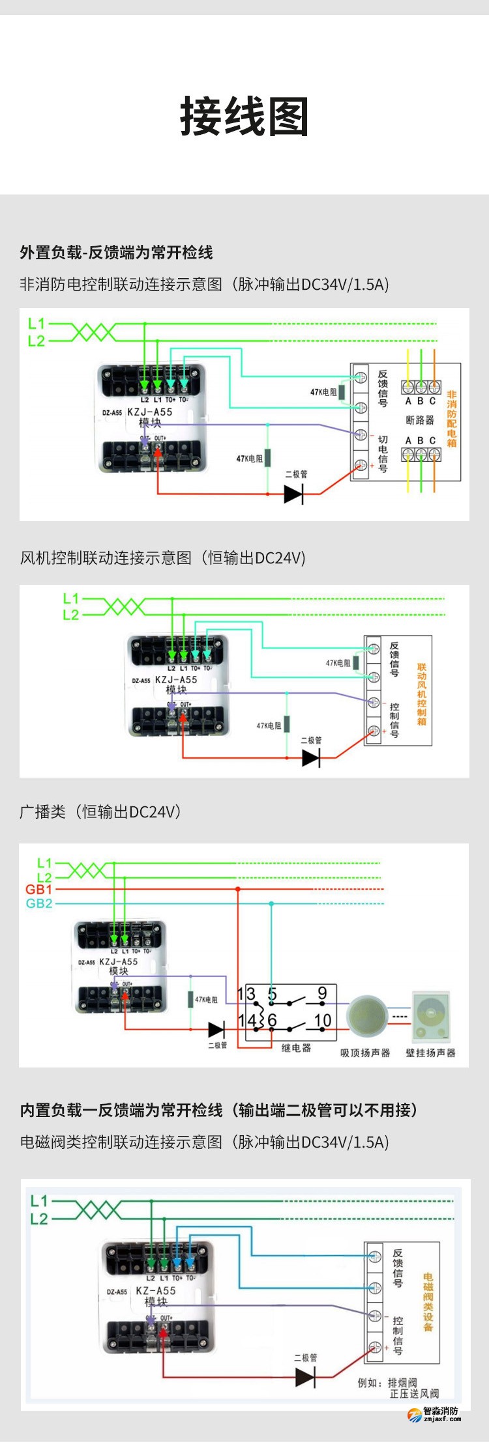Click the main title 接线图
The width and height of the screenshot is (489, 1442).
pyautogui.click(x=244, y=117)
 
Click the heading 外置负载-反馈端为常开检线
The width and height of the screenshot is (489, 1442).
pyautogui.click(x=116, y=253)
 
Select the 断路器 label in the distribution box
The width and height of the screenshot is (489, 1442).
pyautogui.click(x=420, y=420)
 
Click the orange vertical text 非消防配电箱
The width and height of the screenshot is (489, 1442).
pyautogui.click(x=452, y=419)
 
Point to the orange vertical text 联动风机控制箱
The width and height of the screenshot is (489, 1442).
pyautogui.click(x=422, y=694)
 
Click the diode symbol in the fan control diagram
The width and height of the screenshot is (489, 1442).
pyautogui.click(x=311, y=757)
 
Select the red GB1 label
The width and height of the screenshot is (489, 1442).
pyautogui.click(x=38, y=889)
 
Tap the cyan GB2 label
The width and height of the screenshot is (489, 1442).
pyautogui.click(x=38, y=903)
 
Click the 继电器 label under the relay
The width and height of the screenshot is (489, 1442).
pyautogui.click(x=296, y=1048)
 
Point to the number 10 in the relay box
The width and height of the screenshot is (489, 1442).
pyautogui.click(x=323, y=1020)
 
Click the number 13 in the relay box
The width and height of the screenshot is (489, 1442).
pyautogui.click(x=246, y=994)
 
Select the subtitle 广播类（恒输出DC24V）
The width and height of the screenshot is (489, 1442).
pyautogui.click(x=100, y=812)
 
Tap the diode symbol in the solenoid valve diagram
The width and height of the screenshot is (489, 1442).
pyautogui.click(x=305, y=1377)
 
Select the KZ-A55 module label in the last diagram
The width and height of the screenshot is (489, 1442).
pyautogui.click(x=156, y=1290)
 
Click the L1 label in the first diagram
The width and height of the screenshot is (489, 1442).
pyautogui.click(x=37, y=323)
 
